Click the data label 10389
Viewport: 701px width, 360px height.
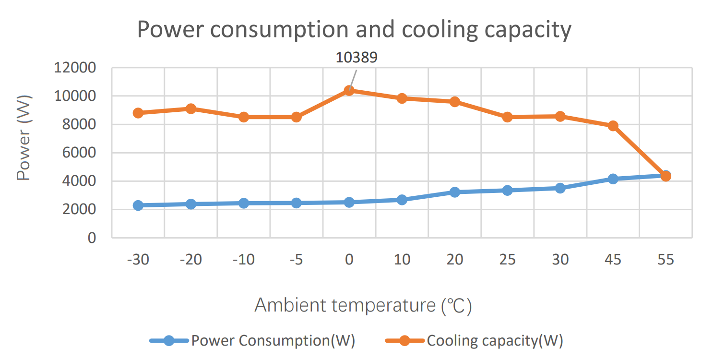[356, 57]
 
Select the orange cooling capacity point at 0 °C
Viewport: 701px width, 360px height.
[349, 90]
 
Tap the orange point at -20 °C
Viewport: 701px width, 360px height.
[191, 108]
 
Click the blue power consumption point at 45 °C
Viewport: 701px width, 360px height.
[613, 179]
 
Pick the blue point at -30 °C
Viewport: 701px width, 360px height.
[138, 205]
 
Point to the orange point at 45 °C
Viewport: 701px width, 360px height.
[613, 126]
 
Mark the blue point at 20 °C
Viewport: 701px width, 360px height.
[455, 192]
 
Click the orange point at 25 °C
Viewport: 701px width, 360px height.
[508, 117]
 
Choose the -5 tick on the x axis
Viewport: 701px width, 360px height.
[297, 260]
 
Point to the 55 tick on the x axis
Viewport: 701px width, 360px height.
[665, 260]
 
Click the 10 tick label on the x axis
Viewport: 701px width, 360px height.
[402, 260]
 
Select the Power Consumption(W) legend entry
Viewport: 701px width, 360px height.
[273, 341]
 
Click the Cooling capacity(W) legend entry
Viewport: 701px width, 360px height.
[494, 341]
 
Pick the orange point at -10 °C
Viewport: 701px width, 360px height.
[244, 117]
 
